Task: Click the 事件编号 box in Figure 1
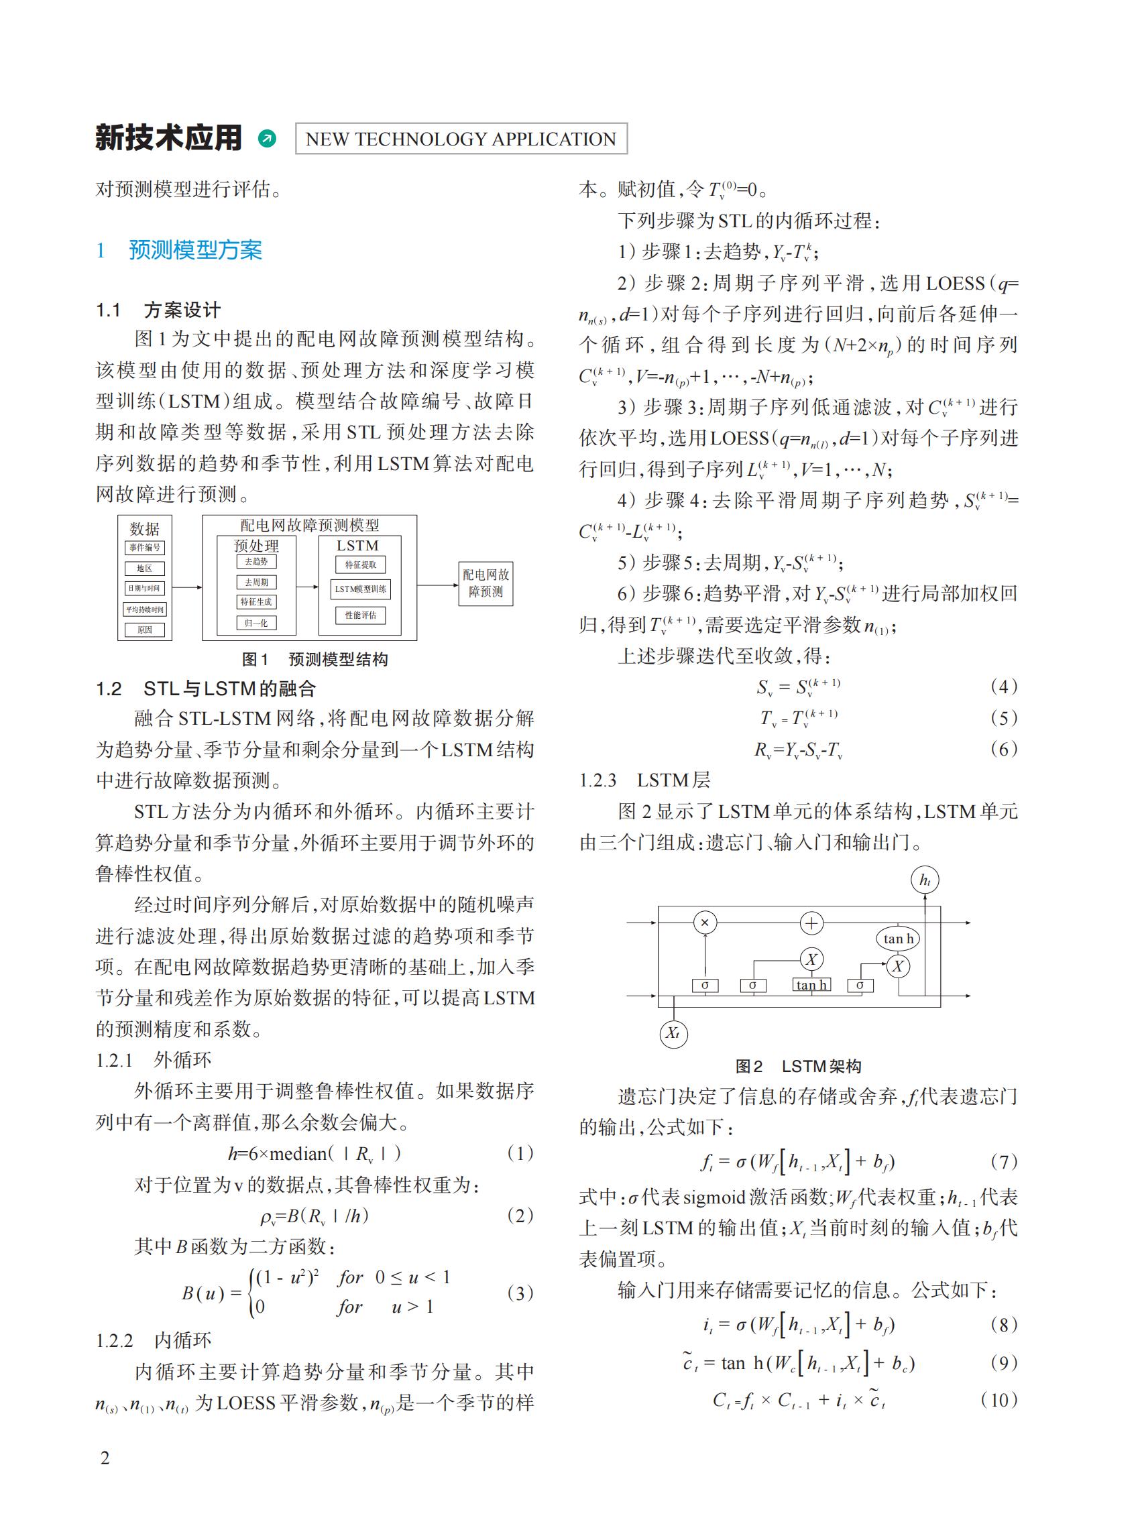pyautogui.click(x=145, y=547)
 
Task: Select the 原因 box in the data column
pyautogui.click(x=145, y=630)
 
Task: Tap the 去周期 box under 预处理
pyautogui.click(x=256, y=582)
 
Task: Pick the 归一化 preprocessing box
pyautogui.click(x=256, y=622)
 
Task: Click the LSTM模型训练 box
pyautogui.click(x=360, y=589)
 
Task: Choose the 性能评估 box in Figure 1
pyautogui.click(x=360, y=615)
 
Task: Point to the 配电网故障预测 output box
pyautogui.click(x=486, y=583)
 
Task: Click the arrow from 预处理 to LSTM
pyautogui.click(x=307, y=587)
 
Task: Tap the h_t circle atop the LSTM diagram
pyautogui.click(x=925, y=880)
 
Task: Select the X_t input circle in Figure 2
pyautogui.click(x=673, y=1033)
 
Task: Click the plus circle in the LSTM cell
pyautogui.click(x=811, y=923)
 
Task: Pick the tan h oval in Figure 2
pyautogui.click(x=898, y=939)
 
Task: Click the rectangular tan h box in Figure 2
pyautogui.click(x=811, y=985)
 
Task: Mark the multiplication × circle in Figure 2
pyautogui.click(x=705, y=923)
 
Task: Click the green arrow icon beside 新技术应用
pyautogui.click(x=266, y=139)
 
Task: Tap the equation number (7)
pyautogui.click(x=1003, y=1162)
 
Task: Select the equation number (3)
pyautogui.click(x=520, y=1293)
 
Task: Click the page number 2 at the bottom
pyautogui.click(x=105, y=1458)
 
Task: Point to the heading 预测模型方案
pyautogui.click(x=195, y=250)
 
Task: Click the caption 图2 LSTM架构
pyautogui.click(x=798, y=1066)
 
